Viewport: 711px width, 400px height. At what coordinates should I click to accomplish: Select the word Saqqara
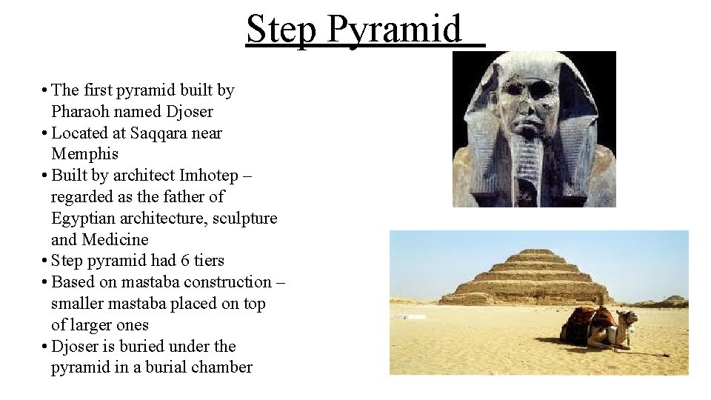(x=157, y=133)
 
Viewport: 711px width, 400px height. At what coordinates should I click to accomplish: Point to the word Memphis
(x=84, y=154)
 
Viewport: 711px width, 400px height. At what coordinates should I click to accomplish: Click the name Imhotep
(x=210, y=176)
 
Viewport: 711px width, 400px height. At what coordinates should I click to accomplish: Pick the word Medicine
(x=115, y=240)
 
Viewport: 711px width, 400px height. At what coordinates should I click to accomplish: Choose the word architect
(x=145, y=176)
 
